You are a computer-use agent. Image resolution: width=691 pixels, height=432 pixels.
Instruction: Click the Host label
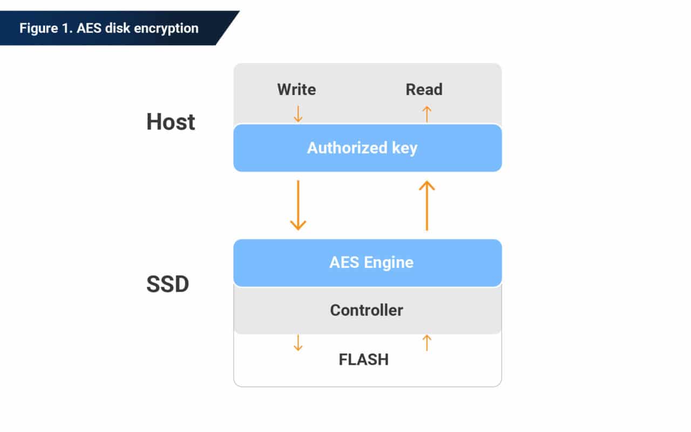pyautogui.click(x=171, y=122)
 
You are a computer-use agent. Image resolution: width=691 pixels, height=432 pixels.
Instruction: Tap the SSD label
pyautogui.click(x=167, y=285)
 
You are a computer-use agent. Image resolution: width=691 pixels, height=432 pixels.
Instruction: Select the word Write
pyautogui.click(x=296, y=89)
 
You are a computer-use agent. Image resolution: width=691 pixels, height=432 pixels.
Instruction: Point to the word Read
pyautogui.click(x=424, y=89)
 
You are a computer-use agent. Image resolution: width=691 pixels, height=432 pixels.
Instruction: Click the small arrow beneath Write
pyautogui.click(x=297, y=113)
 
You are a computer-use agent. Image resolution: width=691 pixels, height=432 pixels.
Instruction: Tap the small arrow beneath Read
pyautogui.click(x=426, y=113)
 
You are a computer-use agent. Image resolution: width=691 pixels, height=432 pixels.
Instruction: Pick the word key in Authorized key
pyautogui.click(x=404, y=148)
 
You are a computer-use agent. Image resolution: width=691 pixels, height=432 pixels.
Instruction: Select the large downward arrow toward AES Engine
pyautogui.click(x=297, y=205)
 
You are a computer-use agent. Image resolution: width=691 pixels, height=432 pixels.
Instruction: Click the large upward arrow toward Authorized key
pyautogui.click(x=426, y=205)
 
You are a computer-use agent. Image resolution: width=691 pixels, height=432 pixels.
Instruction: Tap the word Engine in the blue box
pyautogui.click(x=388, y=263)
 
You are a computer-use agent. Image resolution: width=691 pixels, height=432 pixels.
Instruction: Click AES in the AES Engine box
pyautogui.click(x=344, y=262)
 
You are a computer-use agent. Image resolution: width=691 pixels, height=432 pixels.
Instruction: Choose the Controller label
pyautogui.click(x=367, y=310)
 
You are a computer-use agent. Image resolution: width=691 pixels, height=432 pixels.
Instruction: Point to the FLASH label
pyautogui.click(x=363, y=360)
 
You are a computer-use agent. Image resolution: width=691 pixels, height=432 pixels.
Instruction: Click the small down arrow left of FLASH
pyautogui.click(x=297, y=343)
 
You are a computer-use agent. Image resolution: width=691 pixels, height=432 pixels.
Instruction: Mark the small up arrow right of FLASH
pyautogui.click(x=426, y=343)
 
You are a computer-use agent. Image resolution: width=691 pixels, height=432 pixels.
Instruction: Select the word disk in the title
pyautogui.click(x=120, y=28)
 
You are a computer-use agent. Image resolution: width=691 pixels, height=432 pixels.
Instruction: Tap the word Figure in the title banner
pyautogui.click(x=37, y=28)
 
